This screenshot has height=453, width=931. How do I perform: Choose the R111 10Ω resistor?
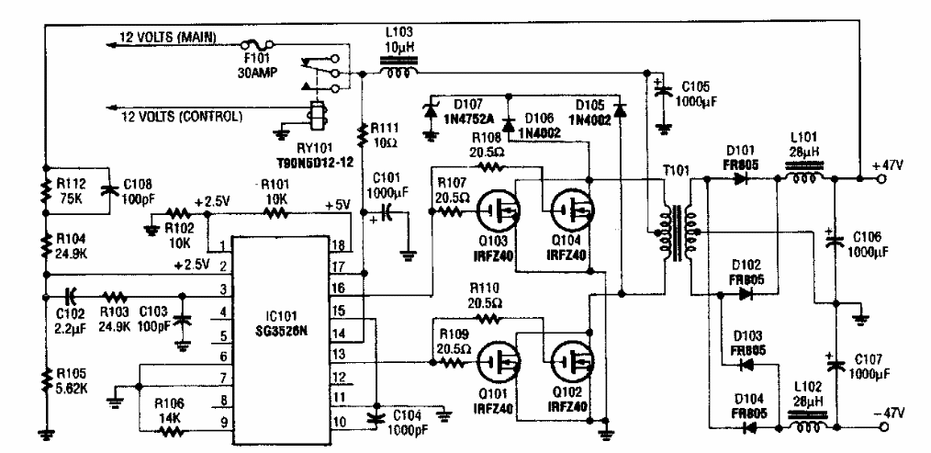(x=364, y=136)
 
